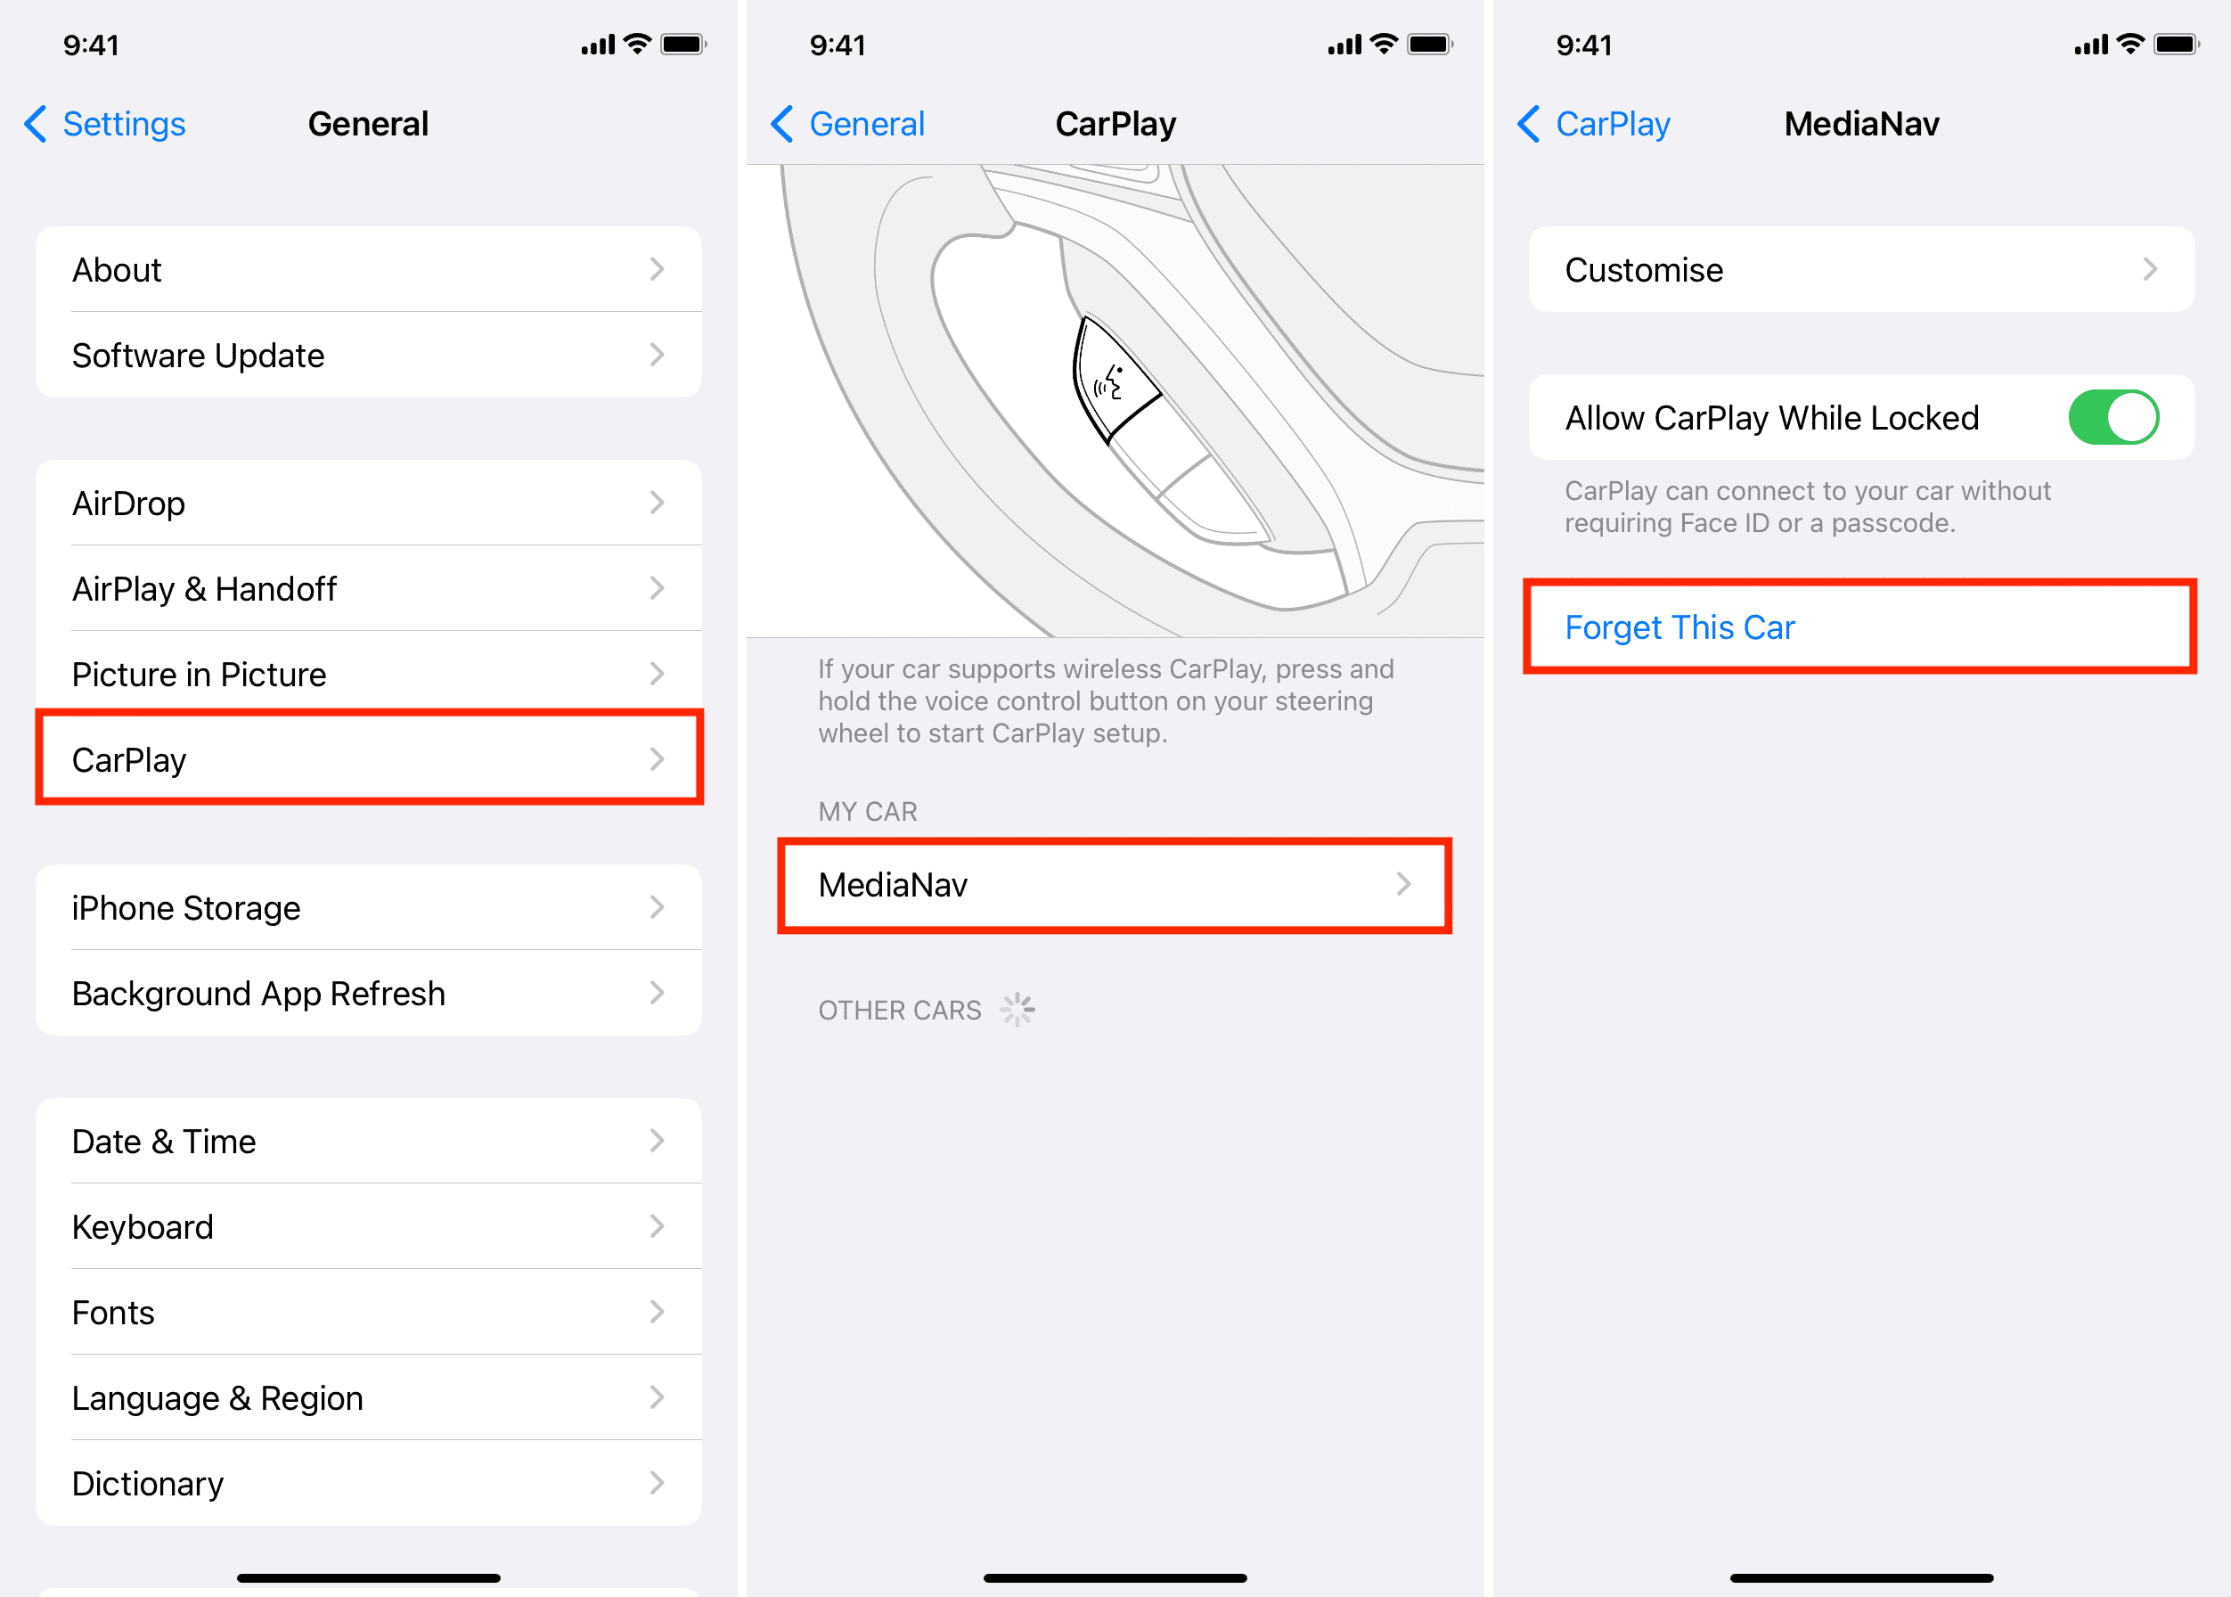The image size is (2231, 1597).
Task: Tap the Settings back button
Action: click(105, 124)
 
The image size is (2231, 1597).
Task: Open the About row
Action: click(368, 269)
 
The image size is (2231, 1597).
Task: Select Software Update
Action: click(368, 355)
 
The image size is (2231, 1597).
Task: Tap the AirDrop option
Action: click(368, 504)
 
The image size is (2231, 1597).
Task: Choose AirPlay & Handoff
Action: click(368, 589)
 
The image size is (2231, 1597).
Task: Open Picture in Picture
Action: click(368, 675)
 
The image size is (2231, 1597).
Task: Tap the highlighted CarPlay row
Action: click(368, 759)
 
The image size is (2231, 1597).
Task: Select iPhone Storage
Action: click(368, 907)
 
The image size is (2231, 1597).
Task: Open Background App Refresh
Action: click(368, 993)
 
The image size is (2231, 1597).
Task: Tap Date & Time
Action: click(368, 1141)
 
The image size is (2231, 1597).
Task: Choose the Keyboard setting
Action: click(368, 1226)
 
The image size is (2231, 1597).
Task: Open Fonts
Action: click(368, 1312)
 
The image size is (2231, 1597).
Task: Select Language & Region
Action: click(368, 1397)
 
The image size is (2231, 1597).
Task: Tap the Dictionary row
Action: click(368, 1483)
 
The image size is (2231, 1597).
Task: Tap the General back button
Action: click(847, 124)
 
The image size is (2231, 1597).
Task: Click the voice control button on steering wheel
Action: click(1115, 378)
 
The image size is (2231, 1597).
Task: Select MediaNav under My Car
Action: click(1114, 885)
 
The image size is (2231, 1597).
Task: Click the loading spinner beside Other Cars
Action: click(1017, 1009)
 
